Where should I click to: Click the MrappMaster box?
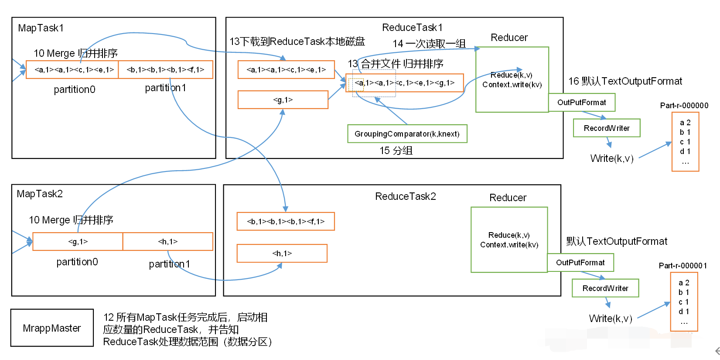pyautogui.click(x=52, y=328)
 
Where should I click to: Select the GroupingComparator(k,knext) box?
pyautogui.click(x=407, y=134)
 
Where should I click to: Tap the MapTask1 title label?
pyautogui.click(x=41, y=28)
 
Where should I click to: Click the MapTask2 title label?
pyautogui.click(x=40, y=194)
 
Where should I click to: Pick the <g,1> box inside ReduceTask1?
pyautogui.click(x=283, y=100)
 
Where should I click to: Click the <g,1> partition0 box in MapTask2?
pyautogui.click(x=78, y=241)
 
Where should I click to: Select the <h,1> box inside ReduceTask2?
pyautogui.click(x=282, y=253)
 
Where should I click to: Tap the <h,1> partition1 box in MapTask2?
pyautogui.click(x=168, y=241)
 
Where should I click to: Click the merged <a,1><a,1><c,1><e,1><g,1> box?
pyautogui.click(x=404, y=83)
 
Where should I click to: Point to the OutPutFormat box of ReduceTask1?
pyautogui.click(x=581, y=103)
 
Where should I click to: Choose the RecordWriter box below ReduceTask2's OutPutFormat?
pyautogui.click(x=605, y=288)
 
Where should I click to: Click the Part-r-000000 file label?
pyautogui.click(x=684, y=106)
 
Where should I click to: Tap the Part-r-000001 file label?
pyautogui.click(x=682, y=266)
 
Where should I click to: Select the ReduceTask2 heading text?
pyautogui.click(x=405, y=196)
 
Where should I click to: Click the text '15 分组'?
pyautogui.click(x=396, y=151)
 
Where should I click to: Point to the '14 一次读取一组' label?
pyautogui.click(x=429, y=44)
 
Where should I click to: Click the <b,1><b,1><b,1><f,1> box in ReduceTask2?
pyautogui.click(x=286, y=221)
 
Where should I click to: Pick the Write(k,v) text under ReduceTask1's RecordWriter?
pyautogui.click(x=611, y=158)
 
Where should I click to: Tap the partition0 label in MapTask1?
pyautogui.click(x=74, y=89)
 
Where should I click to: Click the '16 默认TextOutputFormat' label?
pyautogui.click(x=625, y=81)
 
